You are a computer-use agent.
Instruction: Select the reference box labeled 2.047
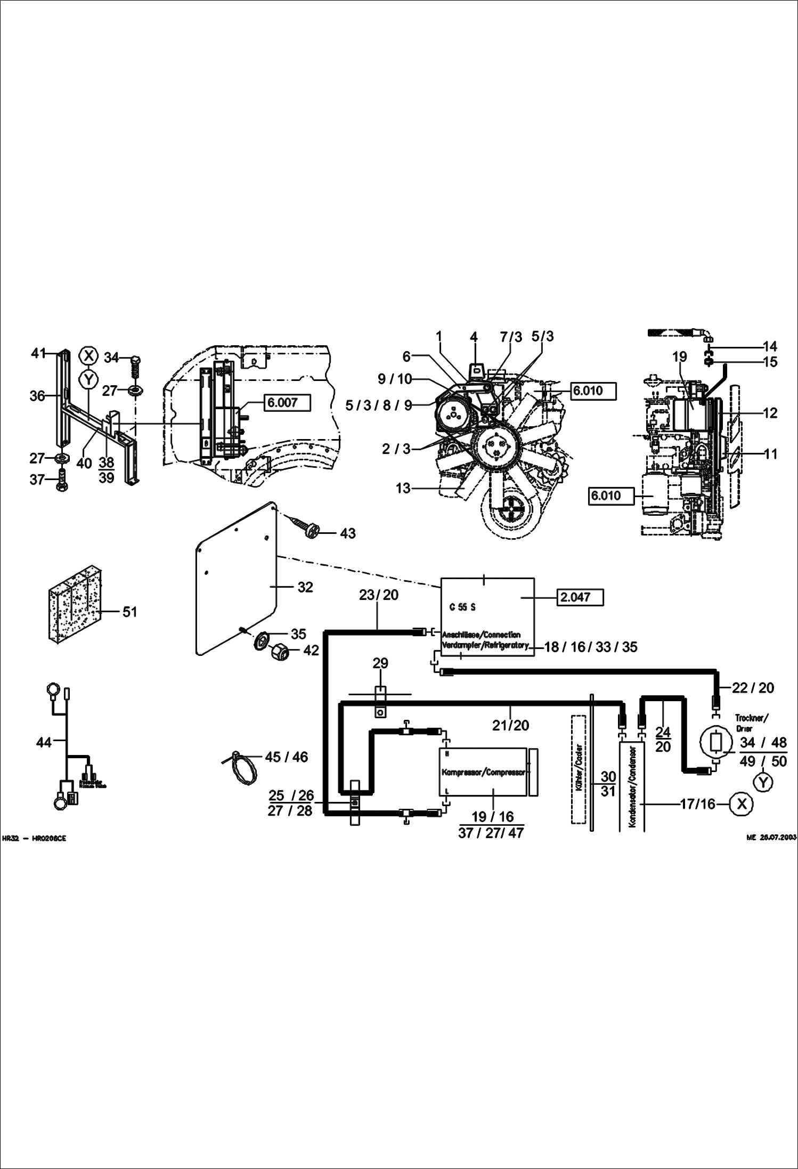pyautogui.click(x=580, y=597)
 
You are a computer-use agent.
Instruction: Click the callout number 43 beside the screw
pyautogui.click(x=347, y=533)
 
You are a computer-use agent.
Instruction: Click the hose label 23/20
pyautogui.click(x=378, y=595)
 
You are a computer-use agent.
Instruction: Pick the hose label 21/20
pyautogui.click(x=511, y=725)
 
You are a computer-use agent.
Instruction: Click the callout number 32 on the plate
pyautogui.click(x=305, y=587)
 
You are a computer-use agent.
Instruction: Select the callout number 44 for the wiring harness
pyautogui.click(x=44, y=742)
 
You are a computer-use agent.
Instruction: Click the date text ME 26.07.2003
pyautogui.click(x=771, y=838)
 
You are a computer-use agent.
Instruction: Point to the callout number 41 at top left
pyautogui.click(x=38, y=353)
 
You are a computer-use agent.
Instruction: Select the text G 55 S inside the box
pyautogui.click(x=462, y=607)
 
